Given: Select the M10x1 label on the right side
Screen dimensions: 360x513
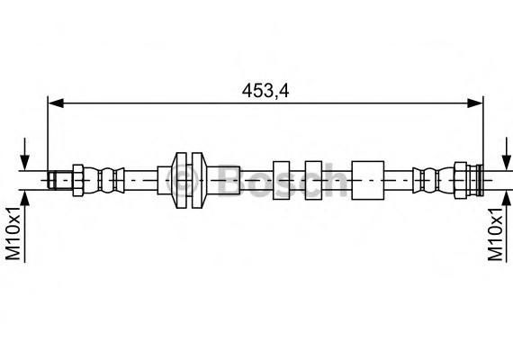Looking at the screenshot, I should (x=496, y=236).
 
